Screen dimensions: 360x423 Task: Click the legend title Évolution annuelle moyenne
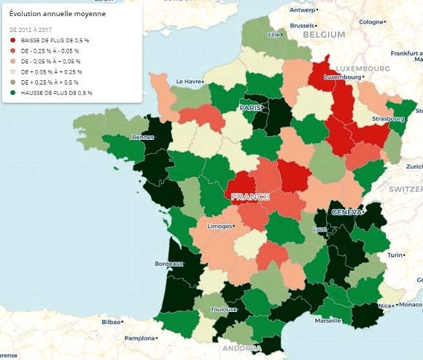point(58,13)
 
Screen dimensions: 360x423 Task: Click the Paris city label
point(250,108)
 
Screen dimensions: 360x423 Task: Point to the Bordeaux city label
point(169,264)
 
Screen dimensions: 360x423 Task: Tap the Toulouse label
point(223,309)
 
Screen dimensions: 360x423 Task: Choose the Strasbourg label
point(388,118)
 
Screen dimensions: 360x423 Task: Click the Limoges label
point(220,227)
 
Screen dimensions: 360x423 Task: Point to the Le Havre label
point(188,82)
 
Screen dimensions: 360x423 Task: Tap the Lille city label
point(274,34)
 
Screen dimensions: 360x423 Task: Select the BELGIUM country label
point(323,34)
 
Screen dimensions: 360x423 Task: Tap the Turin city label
point(395,256)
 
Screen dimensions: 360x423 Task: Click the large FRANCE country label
point(250,197)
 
